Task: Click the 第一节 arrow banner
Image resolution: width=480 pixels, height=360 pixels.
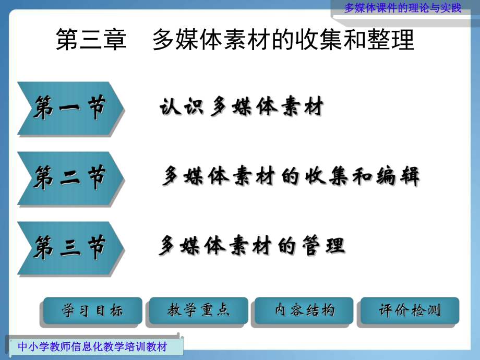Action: tap(70, 109)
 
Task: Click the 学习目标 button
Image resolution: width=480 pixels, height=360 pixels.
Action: tap(92, 311)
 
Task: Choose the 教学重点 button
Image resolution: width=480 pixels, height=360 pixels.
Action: tap(199, 311)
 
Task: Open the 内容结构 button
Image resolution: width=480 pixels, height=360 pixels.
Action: tap(305, 311)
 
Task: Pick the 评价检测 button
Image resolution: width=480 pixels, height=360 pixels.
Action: tap(410, 311)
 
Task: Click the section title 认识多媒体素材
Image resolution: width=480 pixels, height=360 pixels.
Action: tap(241, 107)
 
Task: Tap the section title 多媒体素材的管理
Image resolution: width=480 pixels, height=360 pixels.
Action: tap(251, 246)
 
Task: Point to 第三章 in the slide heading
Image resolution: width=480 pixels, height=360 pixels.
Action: tap(91, 40)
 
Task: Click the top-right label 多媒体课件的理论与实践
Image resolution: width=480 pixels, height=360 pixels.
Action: tap(403, 8)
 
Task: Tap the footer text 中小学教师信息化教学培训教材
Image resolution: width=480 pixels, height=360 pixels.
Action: tap(92, 346)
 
